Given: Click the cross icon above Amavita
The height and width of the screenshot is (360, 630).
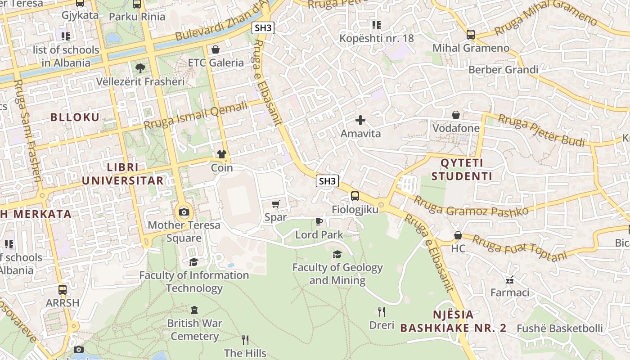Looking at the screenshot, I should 360,120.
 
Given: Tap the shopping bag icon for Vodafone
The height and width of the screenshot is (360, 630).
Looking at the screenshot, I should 456,115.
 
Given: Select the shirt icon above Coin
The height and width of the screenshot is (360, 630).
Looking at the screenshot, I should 222,155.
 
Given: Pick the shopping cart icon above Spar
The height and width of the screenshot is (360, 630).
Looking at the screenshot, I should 276,204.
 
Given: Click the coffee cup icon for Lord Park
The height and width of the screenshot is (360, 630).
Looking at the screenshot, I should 319,221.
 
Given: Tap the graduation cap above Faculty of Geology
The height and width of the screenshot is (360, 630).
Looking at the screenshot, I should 337,255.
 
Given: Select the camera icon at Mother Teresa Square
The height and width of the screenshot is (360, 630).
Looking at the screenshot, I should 184,212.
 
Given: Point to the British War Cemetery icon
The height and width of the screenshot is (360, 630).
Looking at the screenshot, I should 194,310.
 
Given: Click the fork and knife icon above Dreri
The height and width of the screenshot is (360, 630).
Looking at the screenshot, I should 382,312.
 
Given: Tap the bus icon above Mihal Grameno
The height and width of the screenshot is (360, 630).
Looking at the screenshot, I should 471,35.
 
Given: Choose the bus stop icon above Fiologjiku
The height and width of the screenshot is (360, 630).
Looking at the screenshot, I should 355,196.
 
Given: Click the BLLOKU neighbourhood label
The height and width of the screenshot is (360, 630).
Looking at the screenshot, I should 75,117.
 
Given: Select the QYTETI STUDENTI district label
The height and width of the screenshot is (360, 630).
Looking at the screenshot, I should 462,169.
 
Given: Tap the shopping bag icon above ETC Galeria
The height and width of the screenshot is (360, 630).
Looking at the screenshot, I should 216,49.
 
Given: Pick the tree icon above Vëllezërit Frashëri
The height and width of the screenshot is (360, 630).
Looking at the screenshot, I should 140,68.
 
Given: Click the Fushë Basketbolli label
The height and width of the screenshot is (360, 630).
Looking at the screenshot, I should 559,328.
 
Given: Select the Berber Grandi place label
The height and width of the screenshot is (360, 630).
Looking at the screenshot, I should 503,70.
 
